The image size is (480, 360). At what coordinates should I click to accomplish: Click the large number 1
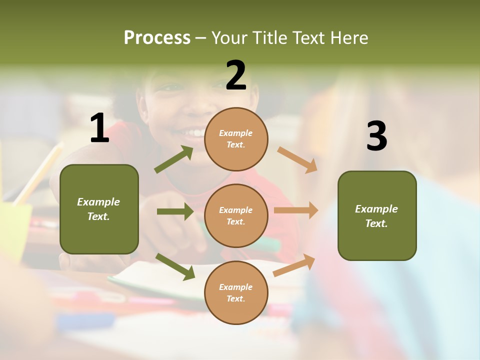[99, 128]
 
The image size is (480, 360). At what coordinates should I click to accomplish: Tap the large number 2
[236, 75]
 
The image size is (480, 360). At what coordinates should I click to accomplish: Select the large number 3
[376, 136]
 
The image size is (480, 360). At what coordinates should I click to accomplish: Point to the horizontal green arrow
[175, 211]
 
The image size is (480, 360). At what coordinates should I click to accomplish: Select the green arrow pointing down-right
[175, 266]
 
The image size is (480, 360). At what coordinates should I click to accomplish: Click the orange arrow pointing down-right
[297, 159]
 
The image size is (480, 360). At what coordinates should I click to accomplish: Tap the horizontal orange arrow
[296, 210]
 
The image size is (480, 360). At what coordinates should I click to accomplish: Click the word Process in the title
[157, 37]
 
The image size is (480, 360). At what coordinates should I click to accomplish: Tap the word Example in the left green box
[98, 202]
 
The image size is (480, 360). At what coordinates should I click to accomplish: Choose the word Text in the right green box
[376, 223]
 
